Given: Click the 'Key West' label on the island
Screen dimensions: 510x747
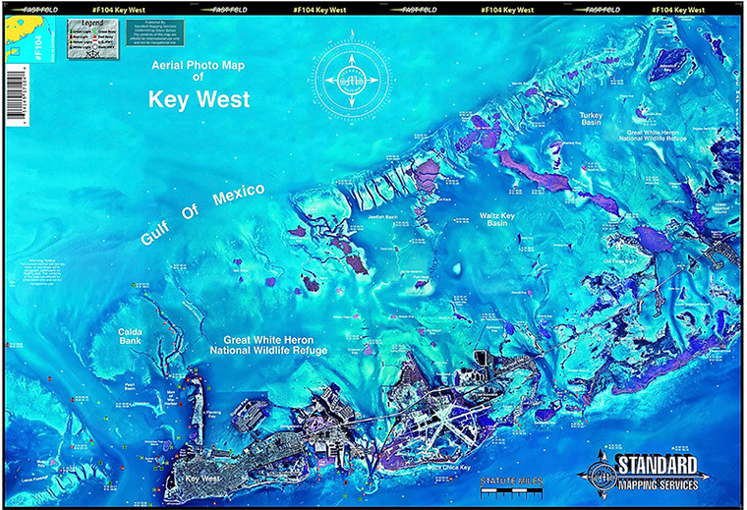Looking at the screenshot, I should (200, 479).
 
